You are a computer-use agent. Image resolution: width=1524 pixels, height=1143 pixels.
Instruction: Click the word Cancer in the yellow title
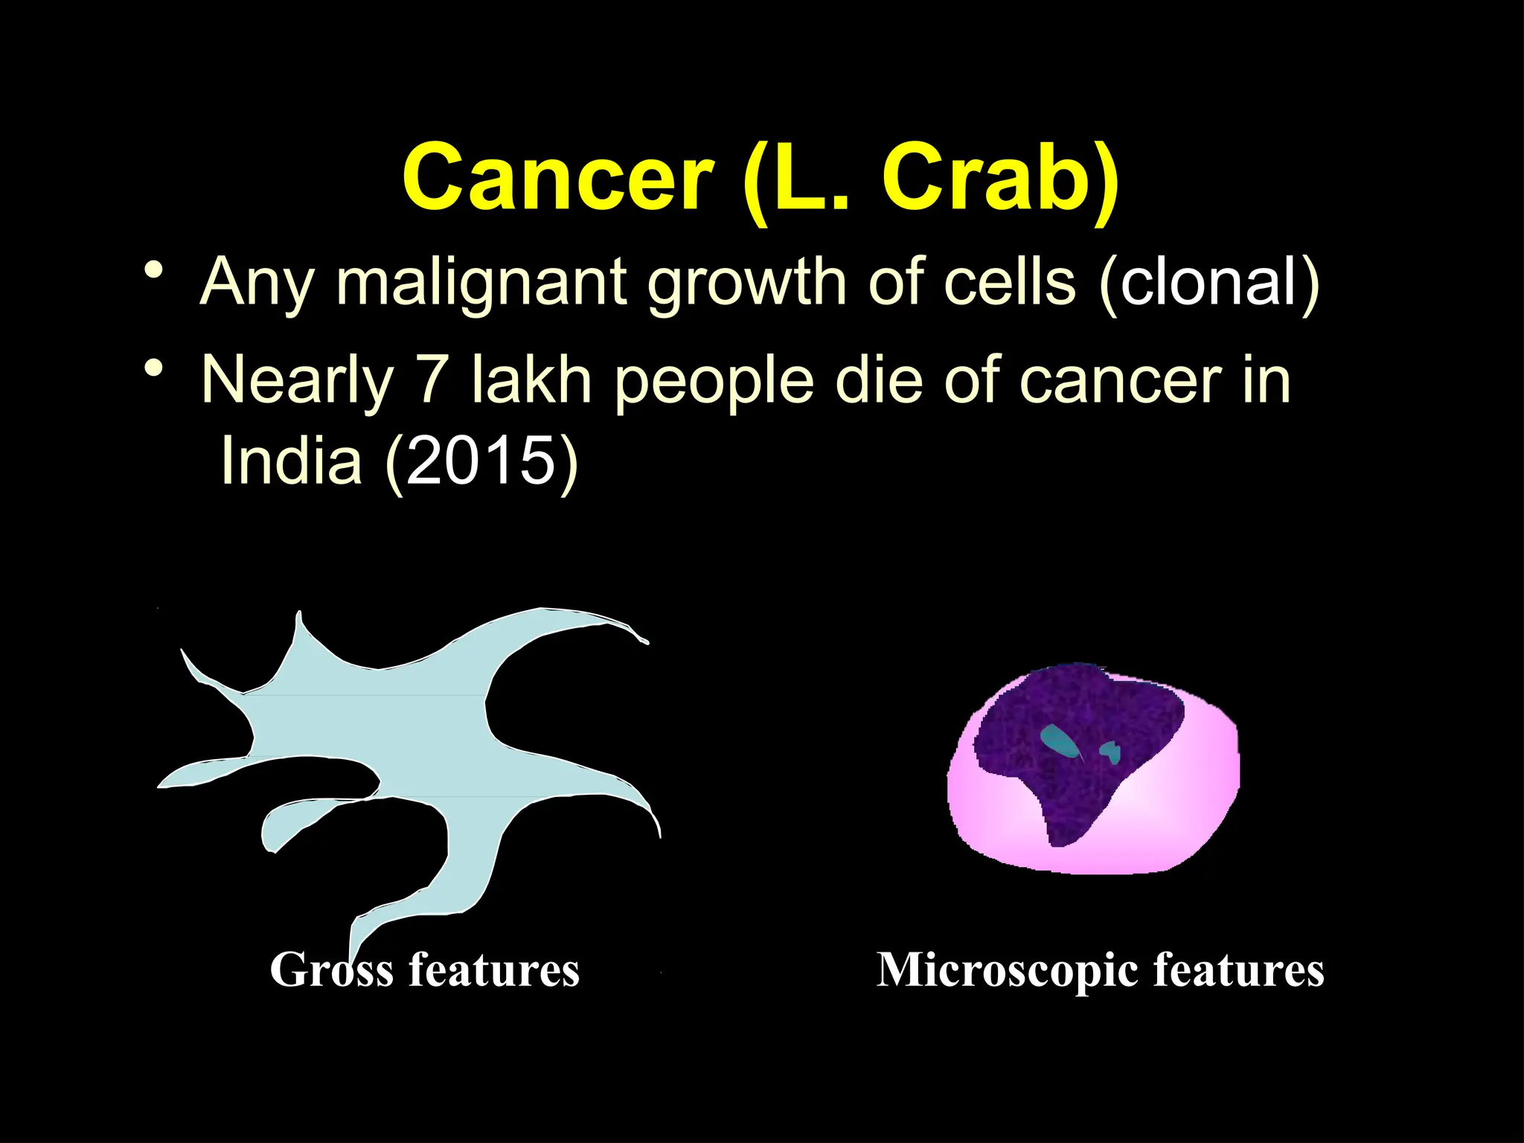[x=558, y=179]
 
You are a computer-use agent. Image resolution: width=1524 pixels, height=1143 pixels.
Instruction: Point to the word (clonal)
[x=1208, y=283]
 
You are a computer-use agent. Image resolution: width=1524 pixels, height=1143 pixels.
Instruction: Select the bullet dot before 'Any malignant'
[x=154, y=269]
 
